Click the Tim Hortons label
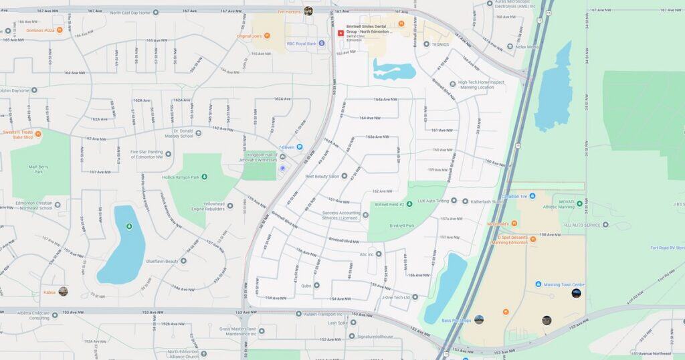click(x=290, y=11)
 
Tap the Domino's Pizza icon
click(x=58, y=30)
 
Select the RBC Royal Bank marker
click(x=321, y=43)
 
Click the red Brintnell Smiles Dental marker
click(x=340, y=33)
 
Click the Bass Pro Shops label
click(x=456, y=321)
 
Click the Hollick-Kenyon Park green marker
click(x=204, y=177)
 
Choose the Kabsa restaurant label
click(x=50, y=292)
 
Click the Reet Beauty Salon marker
click(x=345, y=177)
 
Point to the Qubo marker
click(x=316, y=286)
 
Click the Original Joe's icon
click(x=266, y=35)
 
